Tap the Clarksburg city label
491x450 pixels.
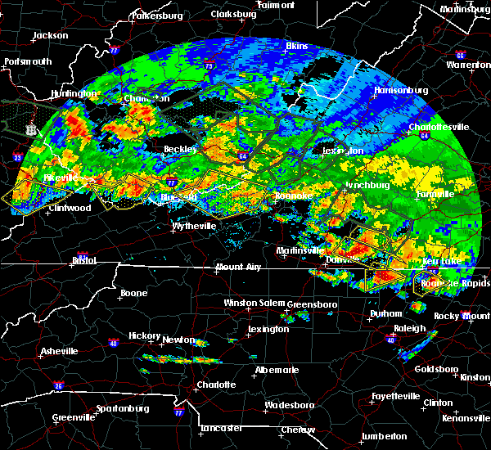(x=233, y=15)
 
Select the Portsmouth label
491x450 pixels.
(x=28, y=61)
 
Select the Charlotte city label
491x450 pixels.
(x=216, y=385)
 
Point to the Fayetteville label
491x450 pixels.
(x=396, y=395)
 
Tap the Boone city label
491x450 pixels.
(x=134, y=293)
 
